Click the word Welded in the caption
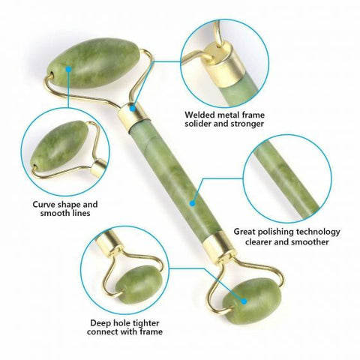pos(200,115)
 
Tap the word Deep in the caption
pos(100,322)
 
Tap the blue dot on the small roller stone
pos(243,298)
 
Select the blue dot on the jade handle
pos(193,201)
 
